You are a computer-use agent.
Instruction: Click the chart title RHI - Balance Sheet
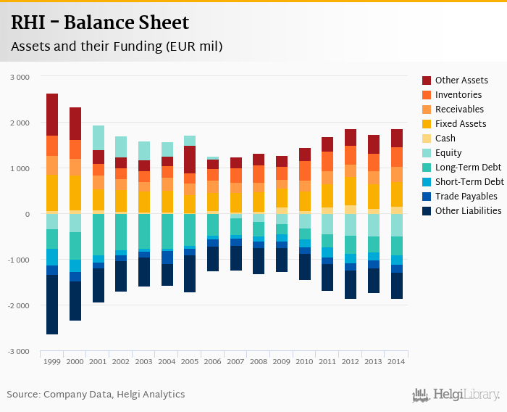click(100, 23)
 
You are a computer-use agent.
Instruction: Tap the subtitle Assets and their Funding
click(116, 46)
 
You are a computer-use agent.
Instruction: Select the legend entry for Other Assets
click(461, 81)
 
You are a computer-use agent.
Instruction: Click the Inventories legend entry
click(458, 95)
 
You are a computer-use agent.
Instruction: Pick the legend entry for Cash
click(445, 139)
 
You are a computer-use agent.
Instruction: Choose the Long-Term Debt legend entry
click(467, 168)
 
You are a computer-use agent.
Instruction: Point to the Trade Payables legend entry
click(466, 197)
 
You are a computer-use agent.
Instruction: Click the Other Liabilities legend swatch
click(427, 211)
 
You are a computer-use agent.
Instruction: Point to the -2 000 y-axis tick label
click(18, 305)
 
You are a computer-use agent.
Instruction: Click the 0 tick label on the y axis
click(28, 214)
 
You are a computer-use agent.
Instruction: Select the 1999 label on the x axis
click(52, 361)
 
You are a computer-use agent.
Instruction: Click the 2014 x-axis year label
click(396, 361)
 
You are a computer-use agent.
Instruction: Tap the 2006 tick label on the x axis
click(213, 361)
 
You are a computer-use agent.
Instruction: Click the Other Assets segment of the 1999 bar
click(52, 115)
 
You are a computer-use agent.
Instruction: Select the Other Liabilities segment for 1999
click(52, 305)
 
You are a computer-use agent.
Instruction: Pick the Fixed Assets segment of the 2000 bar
click(75, 193)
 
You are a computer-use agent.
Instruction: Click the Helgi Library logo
click(456, 395)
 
